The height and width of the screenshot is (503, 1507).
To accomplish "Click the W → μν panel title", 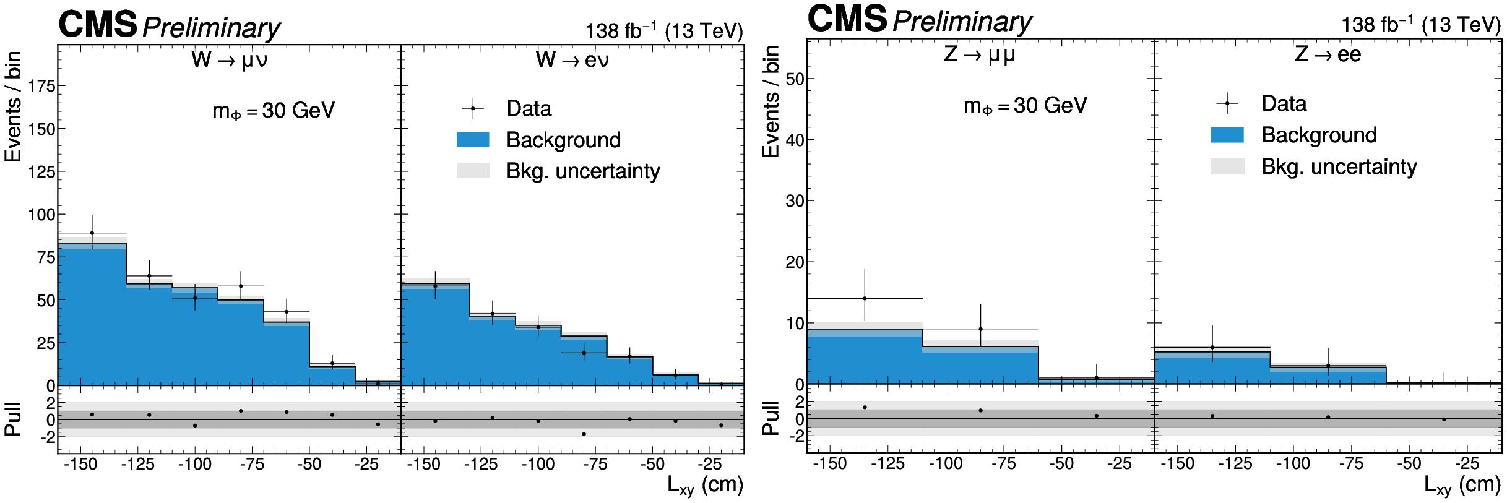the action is (229, 60).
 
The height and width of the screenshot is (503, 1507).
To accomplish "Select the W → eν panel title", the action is (572, 60).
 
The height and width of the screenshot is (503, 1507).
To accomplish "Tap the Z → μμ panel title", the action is (979, 55).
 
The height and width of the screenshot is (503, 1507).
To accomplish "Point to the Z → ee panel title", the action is (1328, 54).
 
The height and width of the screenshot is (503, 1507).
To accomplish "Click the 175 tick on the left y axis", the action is (41, 86).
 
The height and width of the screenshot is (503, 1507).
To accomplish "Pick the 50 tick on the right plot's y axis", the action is (795, 79).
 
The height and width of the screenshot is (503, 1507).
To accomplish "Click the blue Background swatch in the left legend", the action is (473, 140).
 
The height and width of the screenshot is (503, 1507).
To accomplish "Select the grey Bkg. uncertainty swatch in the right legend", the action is (1227, 166).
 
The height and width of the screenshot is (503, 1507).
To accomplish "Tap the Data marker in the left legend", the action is (473, 108).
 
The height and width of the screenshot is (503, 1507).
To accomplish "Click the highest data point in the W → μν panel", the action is (92, 233).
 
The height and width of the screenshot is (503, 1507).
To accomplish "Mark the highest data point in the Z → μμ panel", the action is (865, 298).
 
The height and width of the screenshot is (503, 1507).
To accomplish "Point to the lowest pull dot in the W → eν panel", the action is (584, 434).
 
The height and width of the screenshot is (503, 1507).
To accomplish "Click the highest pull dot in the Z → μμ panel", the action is (865, 407).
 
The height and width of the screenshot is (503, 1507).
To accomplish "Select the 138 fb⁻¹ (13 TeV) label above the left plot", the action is (664, 30).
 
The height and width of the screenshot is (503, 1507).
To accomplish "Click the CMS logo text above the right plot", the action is (847, 19).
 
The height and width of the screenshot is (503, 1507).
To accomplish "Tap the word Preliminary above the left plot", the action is (211, 28).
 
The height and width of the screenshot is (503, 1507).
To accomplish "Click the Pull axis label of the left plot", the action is (12, 419).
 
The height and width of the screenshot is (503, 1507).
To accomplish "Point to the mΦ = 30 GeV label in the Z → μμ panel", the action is (1025, 106).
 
